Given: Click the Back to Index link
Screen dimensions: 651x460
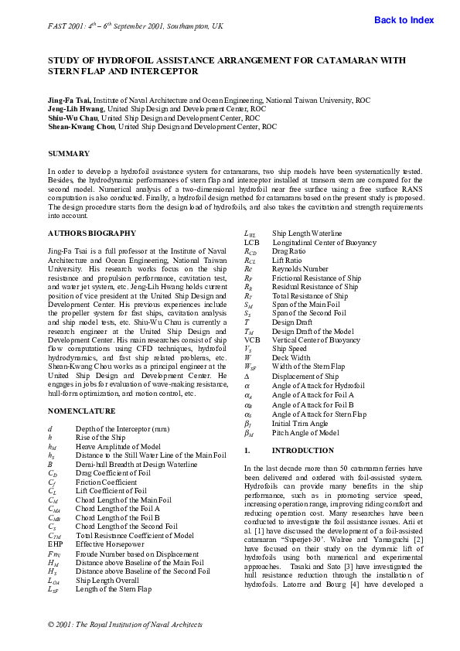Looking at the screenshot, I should (x=404, y=20).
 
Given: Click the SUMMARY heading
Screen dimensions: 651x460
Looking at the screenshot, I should (x=69, y=154).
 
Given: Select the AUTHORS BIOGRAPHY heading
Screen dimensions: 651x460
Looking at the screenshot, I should (x=88, y=233).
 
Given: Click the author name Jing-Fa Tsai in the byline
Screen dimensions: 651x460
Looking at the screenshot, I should (x=70, y=100).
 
